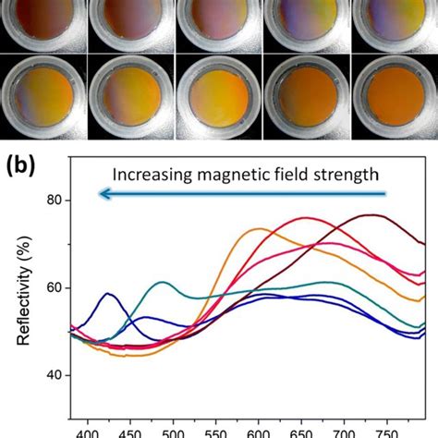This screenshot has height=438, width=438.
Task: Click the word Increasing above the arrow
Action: pos(150,174)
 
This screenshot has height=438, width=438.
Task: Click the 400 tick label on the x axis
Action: pos(88,430)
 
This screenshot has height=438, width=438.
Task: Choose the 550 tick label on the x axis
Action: pos(214,430)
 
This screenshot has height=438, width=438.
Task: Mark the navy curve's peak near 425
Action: pos(109,294)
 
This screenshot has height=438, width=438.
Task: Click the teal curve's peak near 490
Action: pos(163,283)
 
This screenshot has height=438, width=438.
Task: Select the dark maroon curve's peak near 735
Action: pos(371,215)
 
